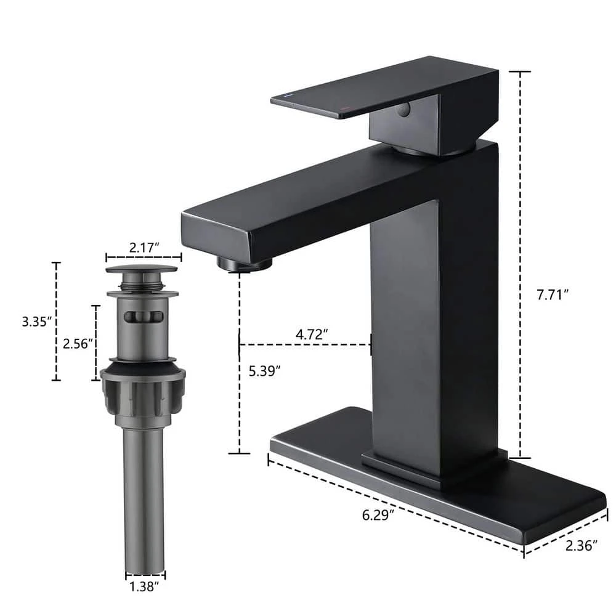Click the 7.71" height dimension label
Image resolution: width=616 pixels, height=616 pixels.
(x=551, y=294)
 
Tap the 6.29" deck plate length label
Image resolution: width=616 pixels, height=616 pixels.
(x=376, y=514)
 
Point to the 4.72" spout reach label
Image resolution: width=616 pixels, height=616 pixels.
(x=312, y=333)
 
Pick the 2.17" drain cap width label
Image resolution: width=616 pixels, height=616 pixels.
(x=143, y=246)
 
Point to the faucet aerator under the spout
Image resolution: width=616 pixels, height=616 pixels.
(x=245, y=265)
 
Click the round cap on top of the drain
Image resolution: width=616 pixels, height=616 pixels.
(x=142, y=269)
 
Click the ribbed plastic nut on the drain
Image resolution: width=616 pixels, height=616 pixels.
(x=143, y=394)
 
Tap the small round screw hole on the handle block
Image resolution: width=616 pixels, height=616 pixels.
(x=403, y=110)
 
